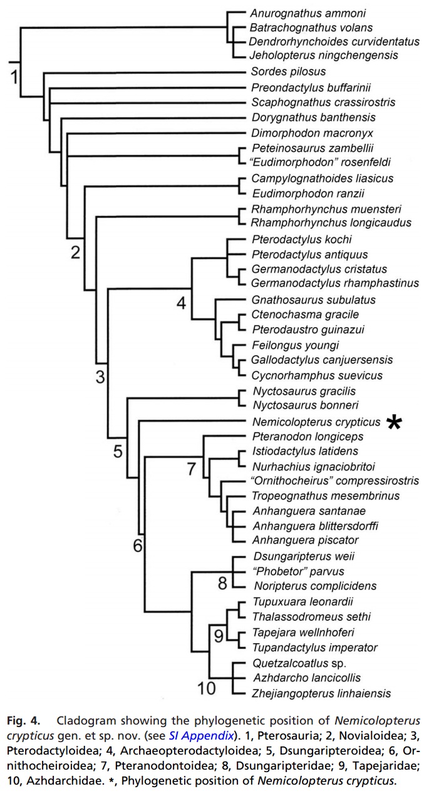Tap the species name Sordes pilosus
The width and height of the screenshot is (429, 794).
pos(281,72)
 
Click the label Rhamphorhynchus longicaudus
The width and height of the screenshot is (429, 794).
pos(323,222)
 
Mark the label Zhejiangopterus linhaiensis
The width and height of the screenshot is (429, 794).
pos(321,693)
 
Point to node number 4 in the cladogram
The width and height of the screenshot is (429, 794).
pos(181,303)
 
